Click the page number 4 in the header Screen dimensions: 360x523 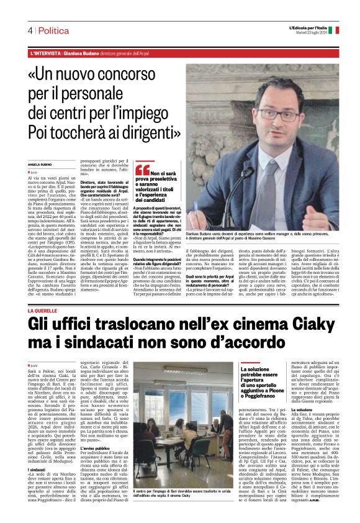pyautogui.click(x=29, y=30)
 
